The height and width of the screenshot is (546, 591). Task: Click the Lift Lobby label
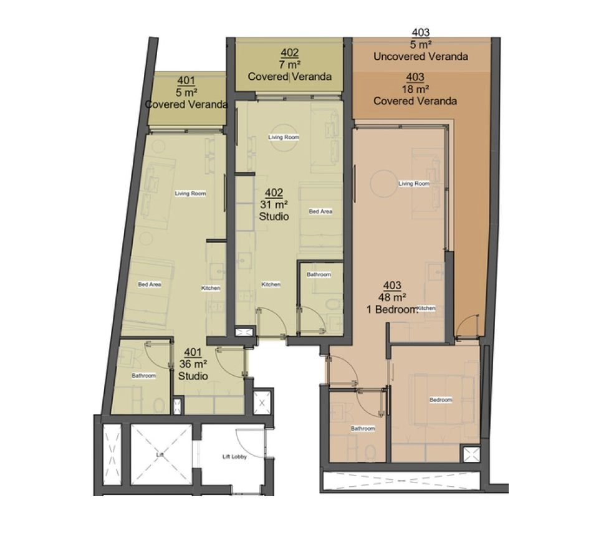tap(234, 457)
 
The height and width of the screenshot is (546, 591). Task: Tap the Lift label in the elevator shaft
tap(160, 455)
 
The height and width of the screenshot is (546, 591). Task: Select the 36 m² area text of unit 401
tap(193, 365)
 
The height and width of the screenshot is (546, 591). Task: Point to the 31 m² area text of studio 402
tap(274, 204)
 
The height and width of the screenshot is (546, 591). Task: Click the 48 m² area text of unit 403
tap(392, 297)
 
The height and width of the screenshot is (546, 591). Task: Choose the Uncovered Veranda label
tap(421, 57)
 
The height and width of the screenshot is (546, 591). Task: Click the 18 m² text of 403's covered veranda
tap(415, 89)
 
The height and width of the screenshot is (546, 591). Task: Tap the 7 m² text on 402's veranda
tap(289, 65)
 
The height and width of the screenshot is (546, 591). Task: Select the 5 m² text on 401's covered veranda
tap(186, 93)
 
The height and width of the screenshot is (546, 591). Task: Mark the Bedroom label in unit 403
tap(441, 400)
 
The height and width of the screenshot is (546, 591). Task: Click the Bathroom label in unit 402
tap(319, 274)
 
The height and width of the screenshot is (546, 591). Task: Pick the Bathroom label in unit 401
tap(143, 376)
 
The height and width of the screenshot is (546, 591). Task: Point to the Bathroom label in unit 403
tap(363, 428)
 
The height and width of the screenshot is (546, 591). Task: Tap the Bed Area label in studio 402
tap(320, 211)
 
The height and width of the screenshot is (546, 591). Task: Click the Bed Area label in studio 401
tap(150, 284)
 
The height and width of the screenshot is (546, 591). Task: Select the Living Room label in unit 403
tap(414, 183)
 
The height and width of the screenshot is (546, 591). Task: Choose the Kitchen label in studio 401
tap(211, 288)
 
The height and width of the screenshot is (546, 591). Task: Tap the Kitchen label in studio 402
tap(271, 284)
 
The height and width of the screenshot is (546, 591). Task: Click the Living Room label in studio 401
tap(190, 193)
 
